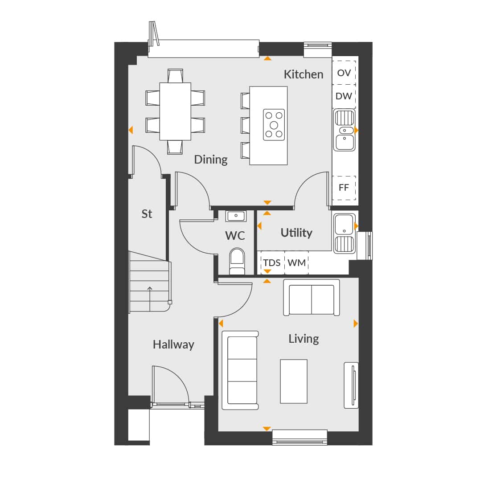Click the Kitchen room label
click(304, 74)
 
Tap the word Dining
click(211, 160)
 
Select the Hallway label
click(173, 345)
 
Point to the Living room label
click(304, 339)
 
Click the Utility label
click(296, 233)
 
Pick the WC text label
click(235, 236)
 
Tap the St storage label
click(147, 213)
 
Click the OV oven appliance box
click(344, 73)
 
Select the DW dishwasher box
click(344, 96)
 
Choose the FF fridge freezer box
click(344, 188)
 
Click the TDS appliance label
click(271, 263)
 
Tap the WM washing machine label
click(297, 263)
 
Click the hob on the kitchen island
click(274, 125)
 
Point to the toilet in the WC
click(237, 262)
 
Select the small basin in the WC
click(236, 216)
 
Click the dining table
click(175, 111)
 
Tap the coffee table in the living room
click(294, 381)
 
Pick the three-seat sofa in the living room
click(240, 370)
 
